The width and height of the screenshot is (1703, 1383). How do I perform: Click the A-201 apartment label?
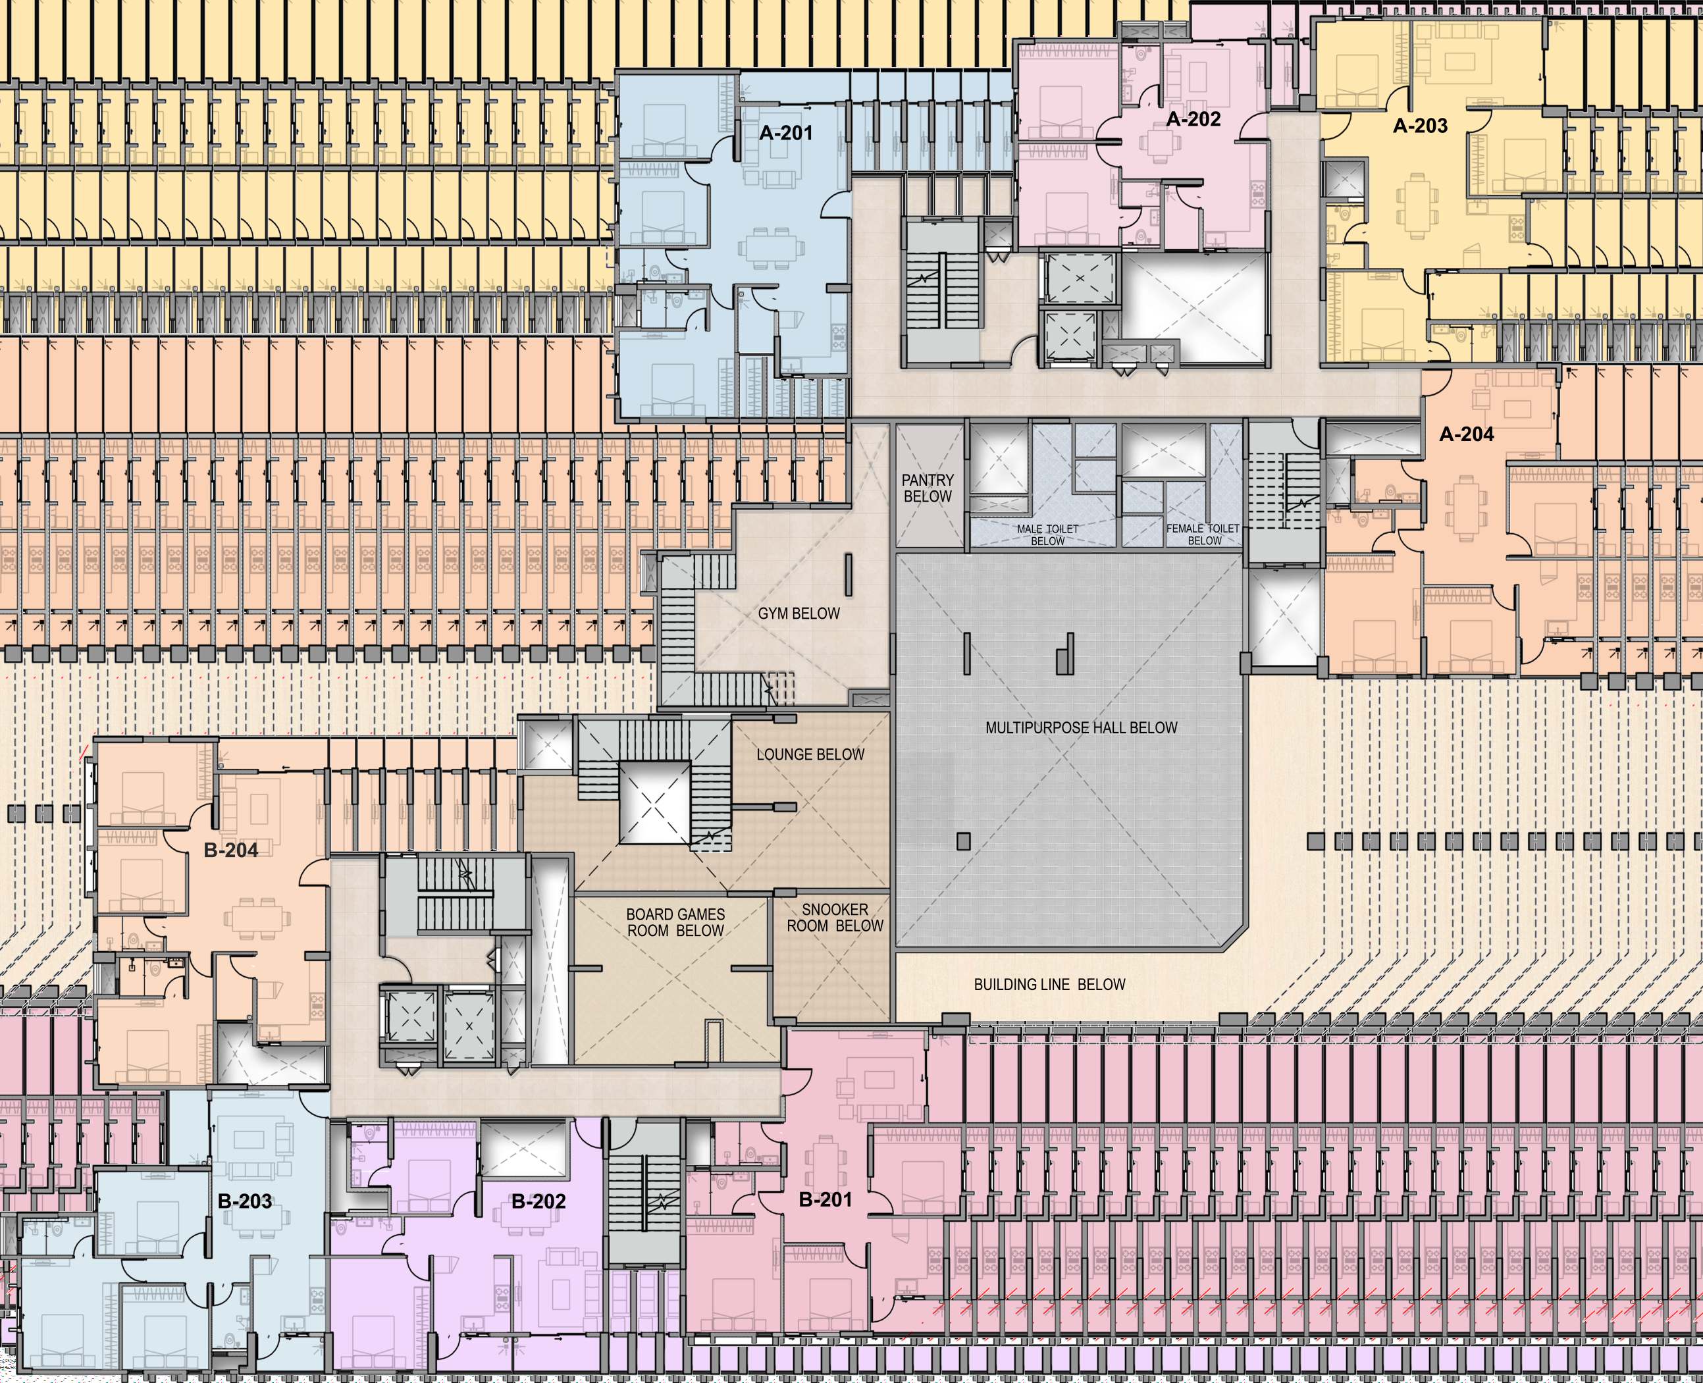(785, 133)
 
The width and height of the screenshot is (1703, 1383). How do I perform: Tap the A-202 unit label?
(1193, 120)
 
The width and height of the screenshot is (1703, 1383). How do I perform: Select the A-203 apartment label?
(1420, 126)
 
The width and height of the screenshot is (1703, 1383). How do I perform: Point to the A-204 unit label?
(1467, 435)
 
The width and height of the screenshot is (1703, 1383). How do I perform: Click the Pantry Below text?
(927, 488)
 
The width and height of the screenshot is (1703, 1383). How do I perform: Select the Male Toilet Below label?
(1047, 535)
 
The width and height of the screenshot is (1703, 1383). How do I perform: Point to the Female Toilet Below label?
(1203, 535)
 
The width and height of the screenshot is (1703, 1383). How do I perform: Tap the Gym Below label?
(799, 614)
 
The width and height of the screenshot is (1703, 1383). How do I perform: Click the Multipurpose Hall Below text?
(1081, 728)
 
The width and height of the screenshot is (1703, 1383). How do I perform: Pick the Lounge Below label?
(810, 755)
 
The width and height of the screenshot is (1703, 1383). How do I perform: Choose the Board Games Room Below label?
(675, 922)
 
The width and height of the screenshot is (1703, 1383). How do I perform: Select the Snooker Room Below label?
(835, 918)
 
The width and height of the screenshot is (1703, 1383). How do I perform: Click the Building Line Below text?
(1050, 985)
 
